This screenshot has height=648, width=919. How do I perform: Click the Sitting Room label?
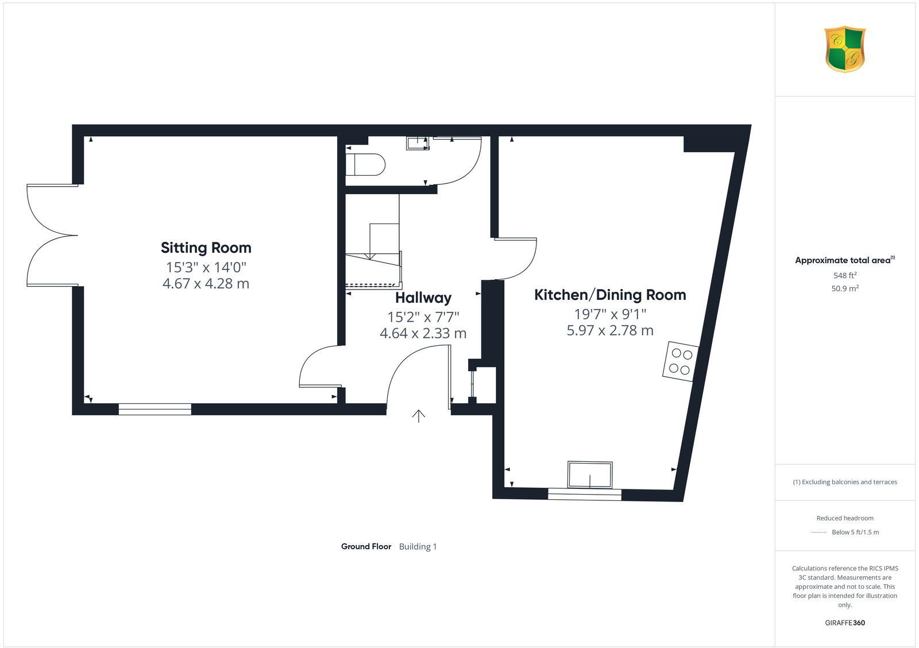point(206,248)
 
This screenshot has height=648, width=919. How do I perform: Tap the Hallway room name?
point(423,298)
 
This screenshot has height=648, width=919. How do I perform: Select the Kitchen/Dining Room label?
point(610,295)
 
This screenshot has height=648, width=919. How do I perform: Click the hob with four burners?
point(681,361)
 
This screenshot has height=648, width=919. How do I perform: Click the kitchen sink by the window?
point(590,475)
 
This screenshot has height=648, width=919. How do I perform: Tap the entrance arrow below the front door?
point(419,416)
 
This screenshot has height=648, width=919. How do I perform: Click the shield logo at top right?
point(844,49)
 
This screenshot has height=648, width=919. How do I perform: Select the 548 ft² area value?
point(844,275)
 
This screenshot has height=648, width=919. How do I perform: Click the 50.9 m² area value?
point(844,288)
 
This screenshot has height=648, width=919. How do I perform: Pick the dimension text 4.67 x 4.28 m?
point(206,283)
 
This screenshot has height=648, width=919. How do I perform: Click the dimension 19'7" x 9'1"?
point(610,314)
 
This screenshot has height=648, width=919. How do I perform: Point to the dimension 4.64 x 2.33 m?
point(423,333)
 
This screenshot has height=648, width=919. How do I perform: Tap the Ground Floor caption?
point(366,546)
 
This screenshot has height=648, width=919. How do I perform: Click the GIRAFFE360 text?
point(844,623)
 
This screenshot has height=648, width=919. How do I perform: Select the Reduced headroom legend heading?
point(844,518)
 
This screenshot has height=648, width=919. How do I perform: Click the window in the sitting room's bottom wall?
point(155,409)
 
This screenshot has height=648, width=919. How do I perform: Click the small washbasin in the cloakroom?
point(418,143)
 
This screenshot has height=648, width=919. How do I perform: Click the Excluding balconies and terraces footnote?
point(844,482)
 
